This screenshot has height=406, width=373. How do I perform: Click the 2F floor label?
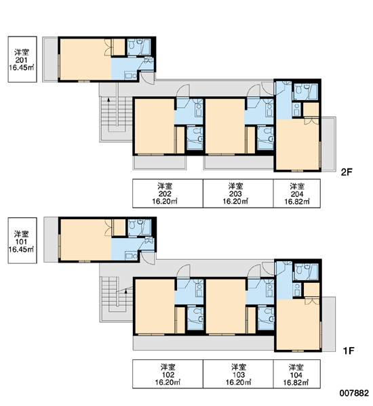(347, 172)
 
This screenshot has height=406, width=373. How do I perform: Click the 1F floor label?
(348, 351)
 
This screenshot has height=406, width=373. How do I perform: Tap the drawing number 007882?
(354, 392)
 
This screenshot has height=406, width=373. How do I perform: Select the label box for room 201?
(22, 60)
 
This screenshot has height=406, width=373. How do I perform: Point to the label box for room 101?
(22, 240)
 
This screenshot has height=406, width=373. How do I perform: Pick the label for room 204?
(296, 194)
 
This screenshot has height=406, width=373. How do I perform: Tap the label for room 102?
(168, 374)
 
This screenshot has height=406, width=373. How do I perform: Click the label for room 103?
(238, 374)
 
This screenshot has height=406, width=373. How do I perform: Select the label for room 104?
(296, 374)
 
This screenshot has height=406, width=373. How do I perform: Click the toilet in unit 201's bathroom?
(132, 44)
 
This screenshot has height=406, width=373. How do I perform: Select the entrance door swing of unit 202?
(182, 91)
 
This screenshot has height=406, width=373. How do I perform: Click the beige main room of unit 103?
(226, 306)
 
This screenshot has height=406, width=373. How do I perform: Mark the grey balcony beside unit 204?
(328, 143)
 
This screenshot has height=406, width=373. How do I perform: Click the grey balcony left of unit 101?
(51, 240)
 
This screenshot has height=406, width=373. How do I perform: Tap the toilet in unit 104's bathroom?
(299, 269)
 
